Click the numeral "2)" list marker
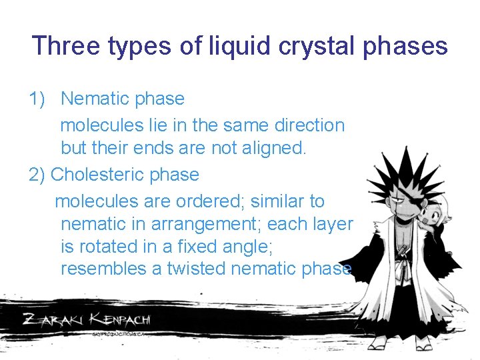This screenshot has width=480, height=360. coord(38,175)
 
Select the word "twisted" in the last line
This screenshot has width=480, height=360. coord(196,269)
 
